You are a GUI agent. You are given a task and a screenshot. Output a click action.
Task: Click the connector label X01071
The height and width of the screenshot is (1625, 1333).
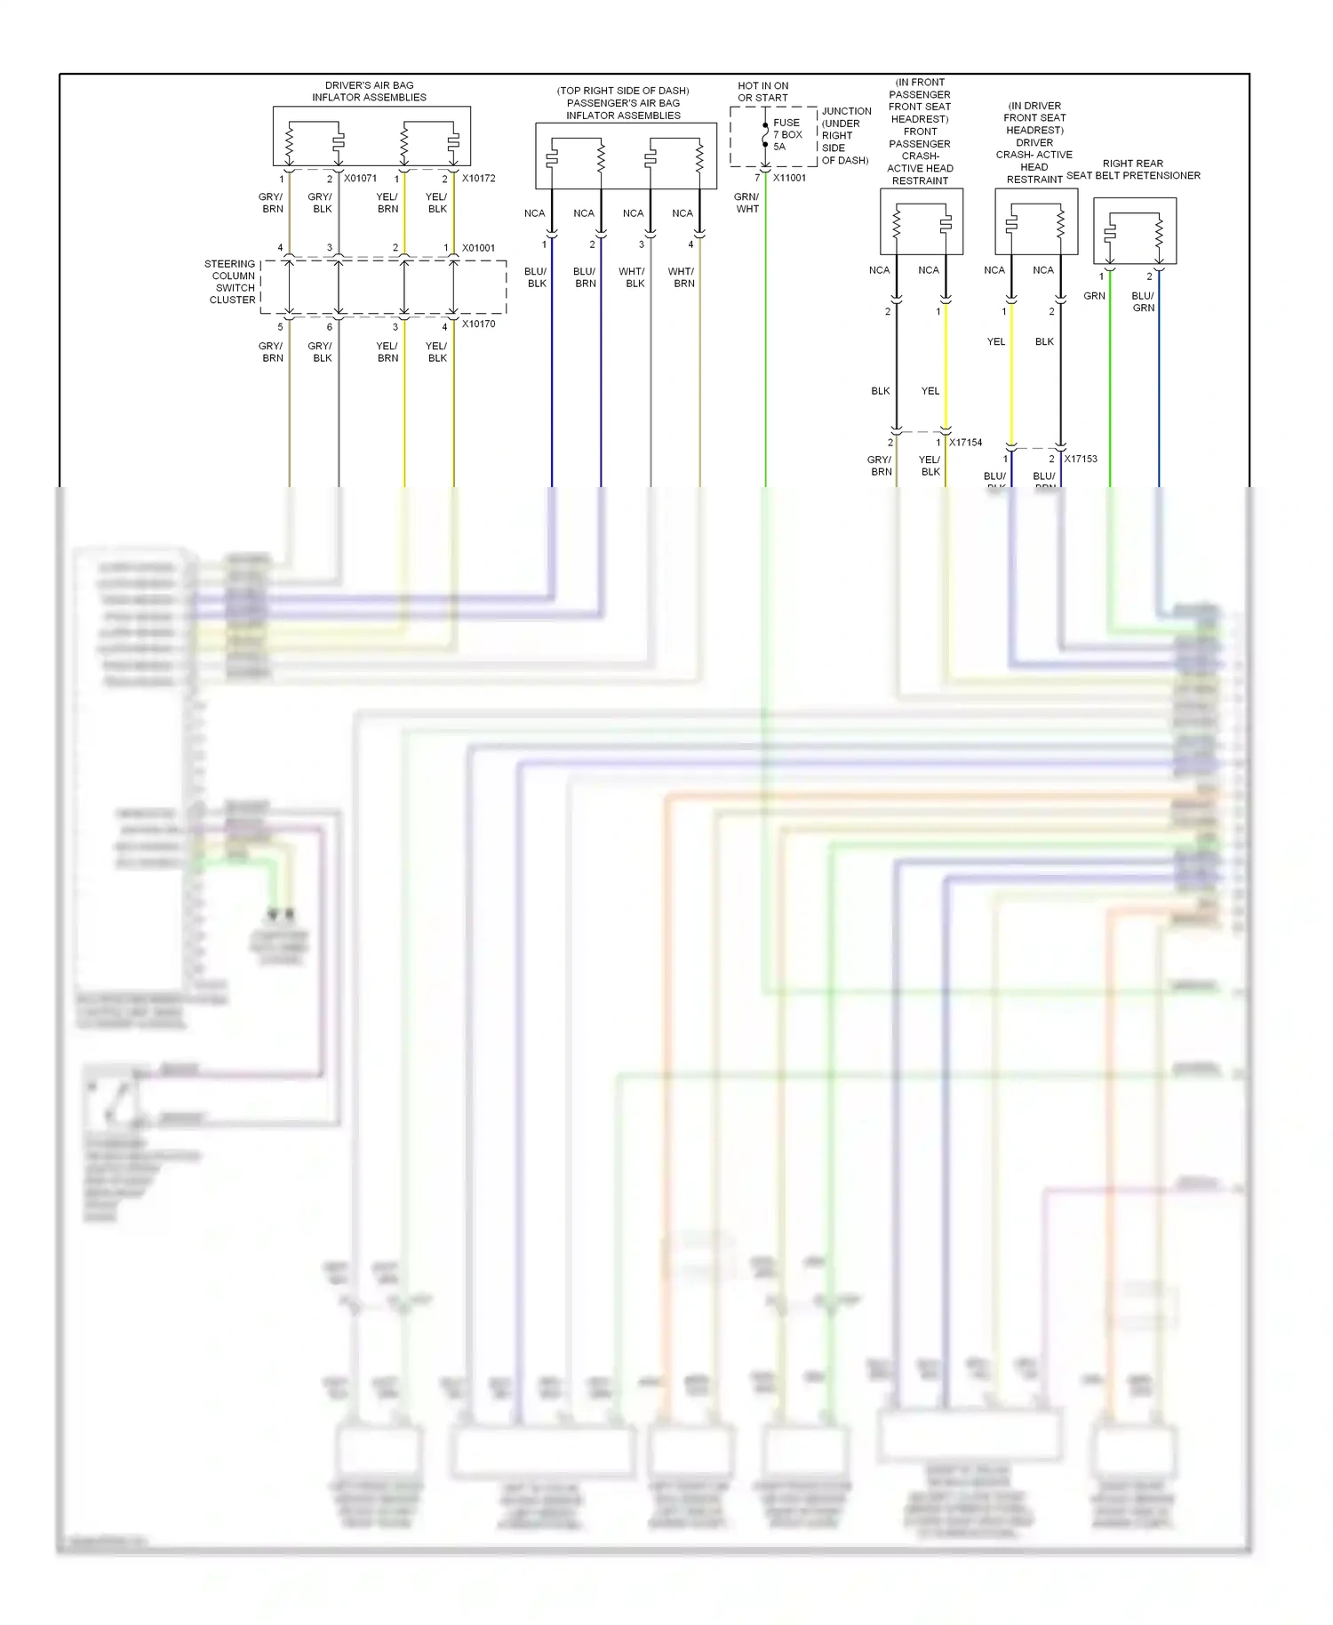click(360, 179)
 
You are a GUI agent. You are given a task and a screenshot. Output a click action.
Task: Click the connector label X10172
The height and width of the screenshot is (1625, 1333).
click(478, 179)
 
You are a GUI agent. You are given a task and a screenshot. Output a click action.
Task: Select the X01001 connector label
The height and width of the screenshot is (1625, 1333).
click(478, 248)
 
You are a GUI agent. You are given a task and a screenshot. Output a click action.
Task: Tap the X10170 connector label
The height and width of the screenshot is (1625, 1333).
click(478, 324)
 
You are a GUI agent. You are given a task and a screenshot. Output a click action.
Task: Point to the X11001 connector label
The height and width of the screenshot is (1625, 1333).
click(789, 178)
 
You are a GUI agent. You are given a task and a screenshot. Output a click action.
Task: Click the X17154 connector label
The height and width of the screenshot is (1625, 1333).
click(965, 443)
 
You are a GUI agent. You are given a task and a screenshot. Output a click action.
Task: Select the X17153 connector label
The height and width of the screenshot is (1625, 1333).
click(1081, 460)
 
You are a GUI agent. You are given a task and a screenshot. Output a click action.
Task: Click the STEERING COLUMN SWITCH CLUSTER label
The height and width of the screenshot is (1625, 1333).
click(231, 282)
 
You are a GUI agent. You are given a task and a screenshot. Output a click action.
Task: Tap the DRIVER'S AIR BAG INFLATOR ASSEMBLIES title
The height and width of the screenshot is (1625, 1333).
click(369, 92)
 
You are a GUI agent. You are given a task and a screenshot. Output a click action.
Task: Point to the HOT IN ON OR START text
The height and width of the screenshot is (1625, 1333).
click(762, 92)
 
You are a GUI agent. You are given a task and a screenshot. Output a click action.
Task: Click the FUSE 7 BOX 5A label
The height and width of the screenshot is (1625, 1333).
click(786, 135)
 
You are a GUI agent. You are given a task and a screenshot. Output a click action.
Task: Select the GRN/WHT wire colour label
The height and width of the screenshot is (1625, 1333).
click(746, 203)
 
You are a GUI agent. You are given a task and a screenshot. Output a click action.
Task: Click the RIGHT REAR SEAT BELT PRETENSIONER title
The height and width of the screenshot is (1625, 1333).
click(1133, 170)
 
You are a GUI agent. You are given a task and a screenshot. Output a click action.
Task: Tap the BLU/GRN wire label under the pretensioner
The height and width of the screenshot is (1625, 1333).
click(1143, 302)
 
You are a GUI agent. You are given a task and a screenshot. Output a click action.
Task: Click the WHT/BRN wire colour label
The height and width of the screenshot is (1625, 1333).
click(682, 277)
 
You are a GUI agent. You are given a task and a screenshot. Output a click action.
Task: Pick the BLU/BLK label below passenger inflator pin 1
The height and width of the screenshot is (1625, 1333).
click(536, 277)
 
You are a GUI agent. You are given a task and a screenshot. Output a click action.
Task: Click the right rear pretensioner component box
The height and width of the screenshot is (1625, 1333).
click(1134, 231)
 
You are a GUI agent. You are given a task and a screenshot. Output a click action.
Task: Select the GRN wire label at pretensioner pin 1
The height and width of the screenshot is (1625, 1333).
click(1094, 296)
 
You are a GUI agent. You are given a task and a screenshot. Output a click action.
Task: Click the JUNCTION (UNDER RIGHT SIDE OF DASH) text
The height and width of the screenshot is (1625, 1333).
click(845, 136)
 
